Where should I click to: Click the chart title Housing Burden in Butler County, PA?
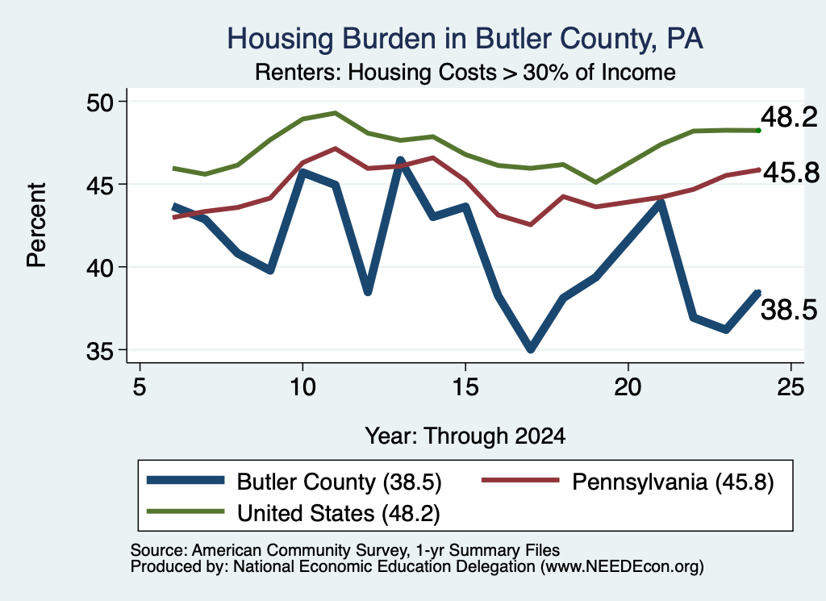[x=465, y=39]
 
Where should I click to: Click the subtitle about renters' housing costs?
[x=465, y=72]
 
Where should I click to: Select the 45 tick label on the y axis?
[x=99, y=185]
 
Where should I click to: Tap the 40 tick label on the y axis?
[x=99, y=268]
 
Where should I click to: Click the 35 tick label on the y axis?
[x=99, y=351]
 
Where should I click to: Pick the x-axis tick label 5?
[x=139, y=387]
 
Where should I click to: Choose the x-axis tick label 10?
[x=302, y=387]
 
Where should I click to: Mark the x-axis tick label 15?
[x=465, y=387]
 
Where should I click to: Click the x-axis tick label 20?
[x=628, y=387]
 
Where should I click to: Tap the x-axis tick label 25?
[x=791, y=387]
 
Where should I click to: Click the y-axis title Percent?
[x=37, y=225]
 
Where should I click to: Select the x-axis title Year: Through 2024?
[x=465, y=436]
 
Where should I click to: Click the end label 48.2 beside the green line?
[x=789, y=116]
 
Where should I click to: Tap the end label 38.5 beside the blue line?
[x=789, y=309]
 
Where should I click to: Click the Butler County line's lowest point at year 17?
[x=531, y=348]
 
